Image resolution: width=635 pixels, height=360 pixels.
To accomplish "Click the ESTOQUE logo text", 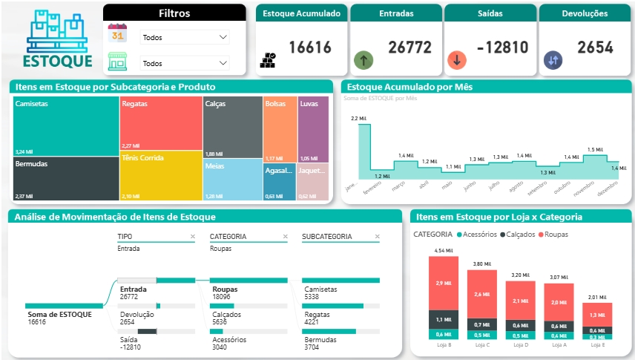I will (x=57, y=61).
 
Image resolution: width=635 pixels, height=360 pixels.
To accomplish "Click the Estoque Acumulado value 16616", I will (x=310, y=48).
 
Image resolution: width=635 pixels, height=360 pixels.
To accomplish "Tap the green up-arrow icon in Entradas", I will (x=363, y=60).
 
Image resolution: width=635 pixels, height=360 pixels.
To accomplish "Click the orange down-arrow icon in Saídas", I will (x=457, y=60).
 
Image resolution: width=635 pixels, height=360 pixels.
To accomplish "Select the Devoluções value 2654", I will (x=595, y=48).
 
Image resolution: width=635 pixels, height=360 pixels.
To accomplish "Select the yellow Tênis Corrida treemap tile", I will (x=161, y=176).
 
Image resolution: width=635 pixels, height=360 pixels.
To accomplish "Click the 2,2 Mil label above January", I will (x=358, y=119).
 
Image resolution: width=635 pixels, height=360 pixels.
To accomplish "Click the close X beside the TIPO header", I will (x=192, y=237).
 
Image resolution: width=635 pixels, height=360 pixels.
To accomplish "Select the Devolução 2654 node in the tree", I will (x=137, y=318).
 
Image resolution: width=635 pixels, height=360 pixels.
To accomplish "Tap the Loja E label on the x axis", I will (x=596, y=344).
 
